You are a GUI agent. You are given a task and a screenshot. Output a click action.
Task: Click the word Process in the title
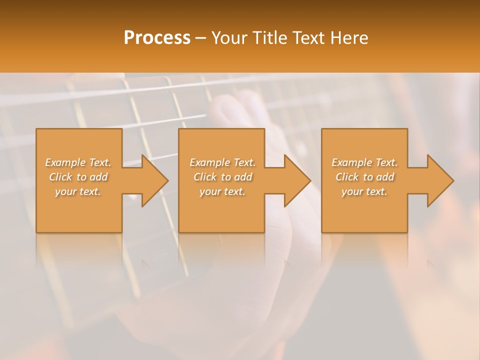pyautogui.click(x=157, y=38)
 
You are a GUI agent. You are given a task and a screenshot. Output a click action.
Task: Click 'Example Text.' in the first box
pyautogui.click(x=78, y=162)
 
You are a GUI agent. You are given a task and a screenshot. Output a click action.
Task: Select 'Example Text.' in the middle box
pyautogui.click(x=222, y=162)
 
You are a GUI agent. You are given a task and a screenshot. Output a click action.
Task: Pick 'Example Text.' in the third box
pyautogui.click(x=364, y=162)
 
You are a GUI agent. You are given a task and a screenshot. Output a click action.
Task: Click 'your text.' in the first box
pyautogui.click(x=78, y=191)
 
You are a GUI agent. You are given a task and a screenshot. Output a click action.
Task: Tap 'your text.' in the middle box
pyautogui.click(x=222, y=191)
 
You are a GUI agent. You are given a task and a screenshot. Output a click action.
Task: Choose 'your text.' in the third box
pyautogui.click(x=364, y=191)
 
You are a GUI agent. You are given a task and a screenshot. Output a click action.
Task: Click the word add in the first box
pyautogui.click(x=99, y=177)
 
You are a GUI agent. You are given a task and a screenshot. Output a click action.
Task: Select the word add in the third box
pyautogui.click(x=385, y=177)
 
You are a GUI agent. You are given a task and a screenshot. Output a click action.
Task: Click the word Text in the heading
pyautogui.click(x=309, y=38)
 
